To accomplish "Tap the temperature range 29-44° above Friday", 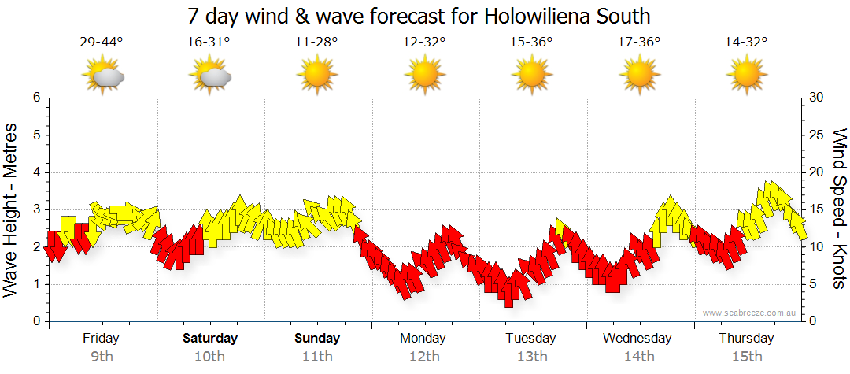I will point(102,43).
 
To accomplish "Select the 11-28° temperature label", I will point(316,43).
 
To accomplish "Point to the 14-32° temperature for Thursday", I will point(746,43).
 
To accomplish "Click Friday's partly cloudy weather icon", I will point(102,76).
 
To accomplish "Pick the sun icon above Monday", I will point(424,76).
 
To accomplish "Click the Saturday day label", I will point(210,339).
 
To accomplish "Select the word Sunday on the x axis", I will point(317,339).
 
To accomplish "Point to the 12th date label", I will point(424,356).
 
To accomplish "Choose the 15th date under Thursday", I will point(746,356).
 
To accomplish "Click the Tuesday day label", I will point(531,339).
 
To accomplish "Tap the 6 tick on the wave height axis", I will point(36,98).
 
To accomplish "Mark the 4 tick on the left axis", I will point(36,172).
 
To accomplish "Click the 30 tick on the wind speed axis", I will point(817,98).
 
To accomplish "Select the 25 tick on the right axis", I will point(817,135).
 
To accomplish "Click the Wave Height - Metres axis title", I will point(13,209).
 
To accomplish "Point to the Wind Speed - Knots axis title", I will point(839,209).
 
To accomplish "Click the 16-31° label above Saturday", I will point(209,43).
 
